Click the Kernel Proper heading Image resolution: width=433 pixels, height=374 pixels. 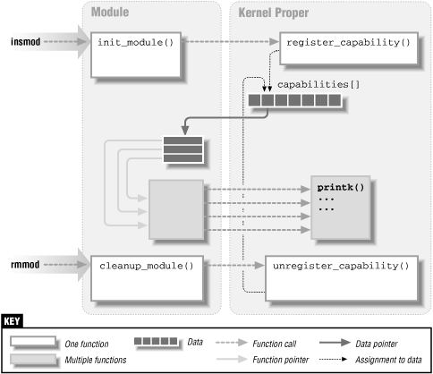point(274,12)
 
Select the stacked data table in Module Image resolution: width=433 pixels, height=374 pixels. point(183,149)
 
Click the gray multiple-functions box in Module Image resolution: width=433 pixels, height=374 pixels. point(177,208)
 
